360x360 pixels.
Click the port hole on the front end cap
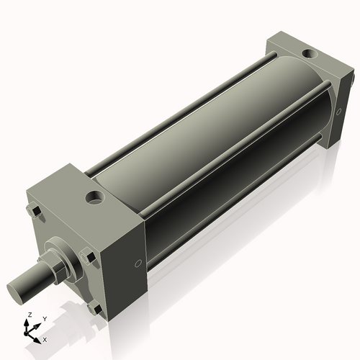[95, 196]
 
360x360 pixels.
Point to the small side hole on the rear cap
[339, 112]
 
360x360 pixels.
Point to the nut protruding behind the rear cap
[352, 76]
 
